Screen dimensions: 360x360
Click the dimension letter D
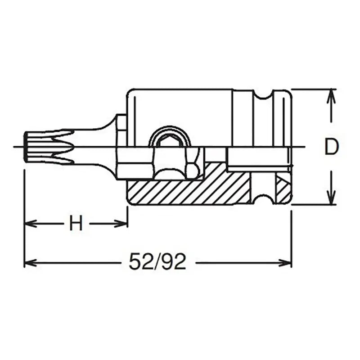(331, 147)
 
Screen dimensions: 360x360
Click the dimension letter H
(76, 223)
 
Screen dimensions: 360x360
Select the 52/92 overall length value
(157, 262)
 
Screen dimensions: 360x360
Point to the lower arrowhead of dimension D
(331, 200)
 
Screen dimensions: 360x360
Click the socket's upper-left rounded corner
(130, 93)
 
